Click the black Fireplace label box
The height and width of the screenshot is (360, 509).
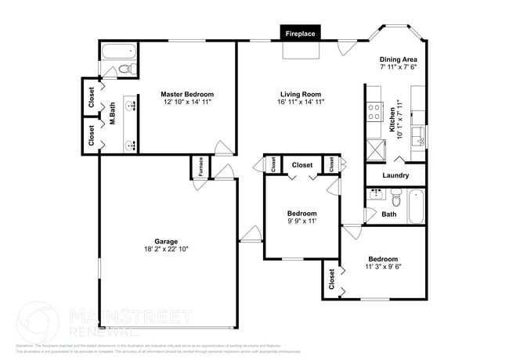(300, 34)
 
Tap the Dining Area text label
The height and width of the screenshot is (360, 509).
(398, 59)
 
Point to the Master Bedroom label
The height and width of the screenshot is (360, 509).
(188, 93)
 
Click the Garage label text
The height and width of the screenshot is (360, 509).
(166, 241)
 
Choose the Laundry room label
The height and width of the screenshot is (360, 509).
(395, 175)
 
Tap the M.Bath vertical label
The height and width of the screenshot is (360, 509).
(113, 115)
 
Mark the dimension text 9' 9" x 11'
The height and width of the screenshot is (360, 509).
(301, 221)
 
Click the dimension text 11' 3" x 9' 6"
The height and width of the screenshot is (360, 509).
(383, 267)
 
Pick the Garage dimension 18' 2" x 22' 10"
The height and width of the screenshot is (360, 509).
(166, 249)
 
